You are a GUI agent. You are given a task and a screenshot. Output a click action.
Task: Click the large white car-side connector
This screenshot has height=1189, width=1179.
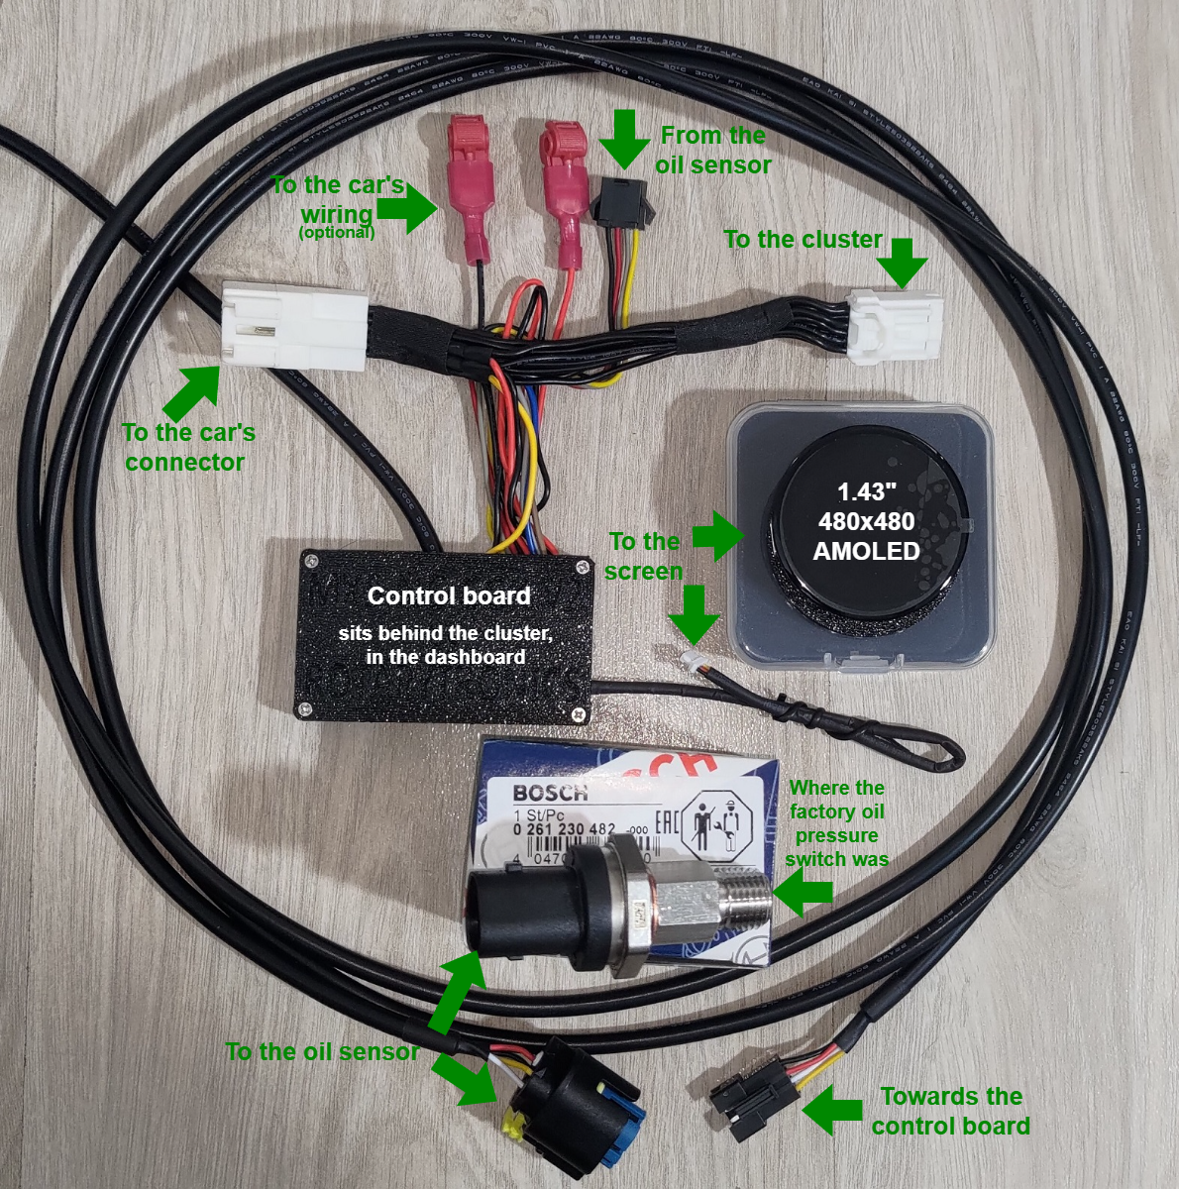point(294,325)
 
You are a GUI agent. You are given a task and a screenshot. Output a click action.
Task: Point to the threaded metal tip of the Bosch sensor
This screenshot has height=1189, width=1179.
point(744,897)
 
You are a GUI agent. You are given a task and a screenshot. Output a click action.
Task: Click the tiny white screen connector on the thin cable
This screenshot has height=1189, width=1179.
point(685,658)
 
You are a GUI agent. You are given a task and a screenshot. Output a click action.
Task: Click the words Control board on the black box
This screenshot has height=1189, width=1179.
point(449,595)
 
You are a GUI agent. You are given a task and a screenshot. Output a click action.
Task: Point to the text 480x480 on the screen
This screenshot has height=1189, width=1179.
point(866,521)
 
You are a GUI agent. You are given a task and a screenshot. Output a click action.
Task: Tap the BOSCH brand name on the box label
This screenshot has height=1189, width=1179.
point(550,793)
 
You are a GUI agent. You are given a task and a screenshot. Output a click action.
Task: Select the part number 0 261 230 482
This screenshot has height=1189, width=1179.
point(564,828)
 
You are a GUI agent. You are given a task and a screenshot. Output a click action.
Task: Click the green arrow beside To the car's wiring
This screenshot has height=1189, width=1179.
point(408,209)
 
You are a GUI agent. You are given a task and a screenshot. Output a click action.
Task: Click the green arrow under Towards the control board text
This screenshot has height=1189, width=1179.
point(832,1111)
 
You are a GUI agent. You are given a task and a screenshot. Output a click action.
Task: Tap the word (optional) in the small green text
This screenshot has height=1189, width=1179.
point(337,233)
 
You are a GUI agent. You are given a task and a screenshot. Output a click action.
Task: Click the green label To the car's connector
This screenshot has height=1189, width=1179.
point(187,447)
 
